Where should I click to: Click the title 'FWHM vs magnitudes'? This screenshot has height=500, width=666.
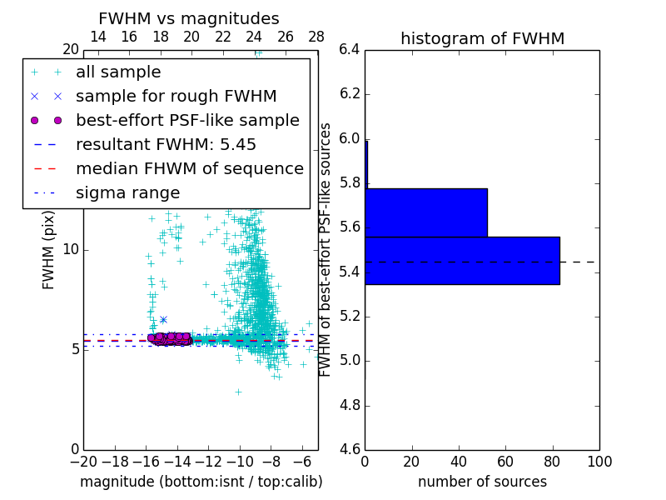tap(188, 18)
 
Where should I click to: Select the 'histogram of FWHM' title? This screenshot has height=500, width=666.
tap(482, 38)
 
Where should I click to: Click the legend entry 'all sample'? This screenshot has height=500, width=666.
tap(118, 72)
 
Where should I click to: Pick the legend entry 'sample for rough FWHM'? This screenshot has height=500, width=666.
tap(176, 97)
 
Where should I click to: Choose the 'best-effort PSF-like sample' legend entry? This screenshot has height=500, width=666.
tap(187, 121)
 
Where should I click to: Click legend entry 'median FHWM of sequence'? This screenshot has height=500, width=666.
tap(189, 169)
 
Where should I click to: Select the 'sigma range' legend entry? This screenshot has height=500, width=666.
tap(127, 193)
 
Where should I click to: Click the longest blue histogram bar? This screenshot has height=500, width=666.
tap(462, 261)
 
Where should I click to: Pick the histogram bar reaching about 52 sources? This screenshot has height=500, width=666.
tap(426, 212)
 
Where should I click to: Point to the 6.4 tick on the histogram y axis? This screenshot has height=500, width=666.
tap(350, 49)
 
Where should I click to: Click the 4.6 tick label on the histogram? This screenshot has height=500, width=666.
tap(350, 450)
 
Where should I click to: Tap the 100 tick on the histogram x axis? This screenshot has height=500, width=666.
tap(599, 462)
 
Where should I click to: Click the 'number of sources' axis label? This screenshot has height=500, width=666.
tap(482, 482)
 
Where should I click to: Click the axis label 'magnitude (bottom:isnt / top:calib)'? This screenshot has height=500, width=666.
tap(201, 482)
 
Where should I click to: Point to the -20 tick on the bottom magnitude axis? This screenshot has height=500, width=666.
tap(83, 462)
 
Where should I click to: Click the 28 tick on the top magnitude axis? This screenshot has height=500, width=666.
tap(317, 37)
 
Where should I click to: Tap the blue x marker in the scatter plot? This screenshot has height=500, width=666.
tap(163, 320)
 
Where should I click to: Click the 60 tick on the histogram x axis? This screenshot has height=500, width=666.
tap(505, 462)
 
